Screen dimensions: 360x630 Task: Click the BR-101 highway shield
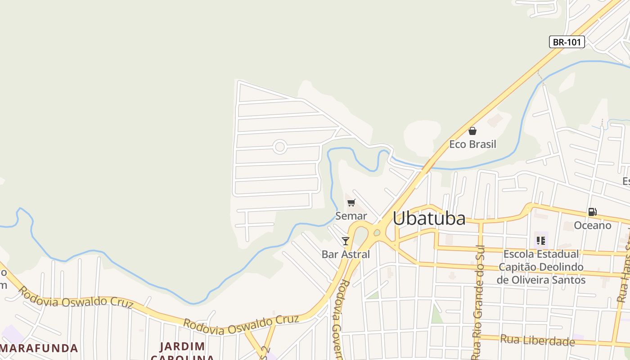tap(567, 42)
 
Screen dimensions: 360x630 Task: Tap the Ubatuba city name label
tap(429, 219)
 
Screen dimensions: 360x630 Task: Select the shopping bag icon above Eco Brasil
tap(472, 131)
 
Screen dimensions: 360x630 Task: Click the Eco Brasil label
tap(472, 144)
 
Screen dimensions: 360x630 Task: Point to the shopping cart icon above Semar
tap(351, 203)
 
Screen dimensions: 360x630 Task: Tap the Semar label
tap(351, 216)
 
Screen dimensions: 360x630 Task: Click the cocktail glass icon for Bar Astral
tap(345, 241)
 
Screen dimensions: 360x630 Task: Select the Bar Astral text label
tap(346, 254)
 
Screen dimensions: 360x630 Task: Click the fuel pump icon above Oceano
tap(592, 212)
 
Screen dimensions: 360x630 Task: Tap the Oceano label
tap(592, 225)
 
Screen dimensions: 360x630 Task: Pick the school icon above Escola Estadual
tap(540, 241)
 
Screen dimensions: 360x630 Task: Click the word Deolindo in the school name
tap(561, 267)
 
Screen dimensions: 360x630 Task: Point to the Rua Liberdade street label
tap(537, 340)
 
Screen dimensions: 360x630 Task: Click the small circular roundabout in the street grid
tap(280, 147)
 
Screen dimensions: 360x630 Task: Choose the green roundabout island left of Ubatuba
tap(377, 233)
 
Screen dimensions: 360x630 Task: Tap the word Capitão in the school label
tap(518, 267)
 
